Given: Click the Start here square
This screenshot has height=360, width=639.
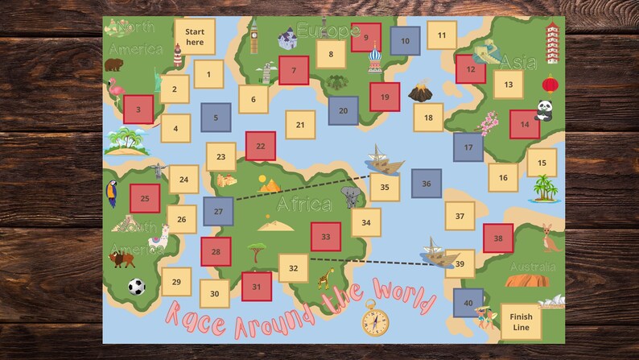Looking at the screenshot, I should pos(195,37).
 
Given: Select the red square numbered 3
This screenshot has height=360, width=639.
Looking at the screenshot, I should pos(138,110).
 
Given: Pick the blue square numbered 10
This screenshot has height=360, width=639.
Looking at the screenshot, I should pos(406,40).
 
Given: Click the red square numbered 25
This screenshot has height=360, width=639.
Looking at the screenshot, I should pos(145,198).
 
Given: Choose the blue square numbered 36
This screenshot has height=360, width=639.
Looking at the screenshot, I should pos(427,184).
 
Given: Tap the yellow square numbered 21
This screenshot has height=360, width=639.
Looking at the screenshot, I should pos(300,126).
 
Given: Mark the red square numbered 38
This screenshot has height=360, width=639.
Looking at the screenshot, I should pos(498,238).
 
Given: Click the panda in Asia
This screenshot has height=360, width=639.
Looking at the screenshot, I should pos(545,110).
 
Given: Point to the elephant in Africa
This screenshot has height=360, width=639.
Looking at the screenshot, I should pos(350,197).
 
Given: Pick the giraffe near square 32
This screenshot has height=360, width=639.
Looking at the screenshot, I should pos(325,279).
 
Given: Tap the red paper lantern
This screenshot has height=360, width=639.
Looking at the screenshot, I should pos(550,83).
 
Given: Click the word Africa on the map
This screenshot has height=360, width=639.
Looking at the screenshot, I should pos(304,205).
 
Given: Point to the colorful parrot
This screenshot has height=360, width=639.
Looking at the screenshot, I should pos(112,193).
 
